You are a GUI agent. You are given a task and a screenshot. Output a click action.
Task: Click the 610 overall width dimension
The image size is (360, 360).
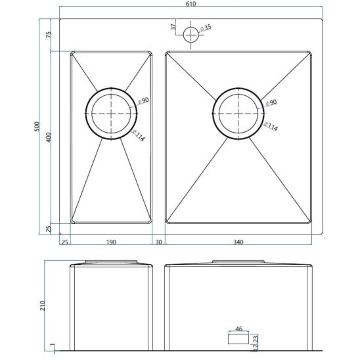(191, 4)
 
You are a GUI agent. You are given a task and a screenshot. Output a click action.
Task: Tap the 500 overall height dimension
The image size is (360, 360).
(37, 127)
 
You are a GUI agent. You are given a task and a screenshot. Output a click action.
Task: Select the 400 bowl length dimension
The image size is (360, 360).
(49, 137)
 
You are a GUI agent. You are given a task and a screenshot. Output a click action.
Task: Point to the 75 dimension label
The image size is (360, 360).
(49, 35)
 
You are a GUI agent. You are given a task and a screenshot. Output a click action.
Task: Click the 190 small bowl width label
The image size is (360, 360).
(112, 242)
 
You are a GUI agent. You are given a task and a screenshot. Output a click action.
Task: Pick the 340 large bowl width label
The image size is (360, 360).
(238, 242)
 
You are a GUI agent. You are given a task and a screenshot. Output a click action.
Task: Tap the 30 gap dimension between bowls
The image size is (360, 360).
(158, 242)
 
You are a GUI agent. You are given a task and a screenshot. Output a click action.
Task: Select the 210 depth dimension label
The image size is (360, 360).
(43, 305)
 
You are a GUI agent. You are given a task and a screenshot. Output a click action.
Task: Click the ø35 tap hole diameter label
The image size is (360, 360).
(206, 28)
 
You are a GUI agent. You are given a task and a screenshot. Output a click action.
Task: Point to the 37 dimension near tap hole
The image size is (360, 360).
(173, 26)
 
